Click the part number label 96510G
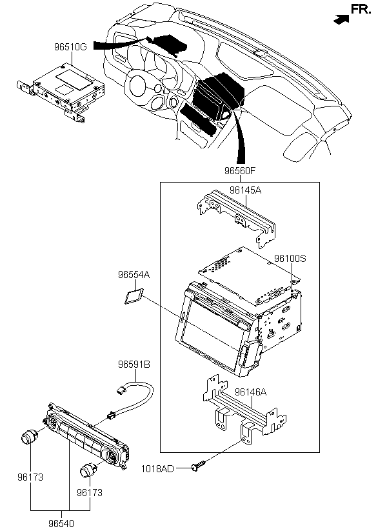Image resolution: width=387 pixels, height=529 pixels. tap(70, 47)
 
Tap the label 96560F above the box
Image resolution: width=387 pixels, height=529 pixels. tap(240, 171)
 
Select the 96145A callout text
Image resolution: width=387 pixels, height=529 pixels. tap(246, 190)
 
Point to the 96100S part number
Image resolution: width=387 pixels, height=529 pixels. tap(290, 259)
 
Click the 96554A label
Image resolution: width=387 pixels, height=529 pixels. tap(134, 275)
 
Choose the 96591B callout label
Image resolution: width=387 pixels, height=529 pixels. tap(134, 364)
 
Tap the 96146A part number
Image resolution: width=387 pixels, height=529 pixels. tap(251, 392)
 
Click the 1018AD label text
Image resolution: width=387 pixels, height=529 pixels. tap(157, 469)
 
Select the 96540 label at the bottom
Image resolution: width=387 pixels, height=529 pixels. tap(61, 523)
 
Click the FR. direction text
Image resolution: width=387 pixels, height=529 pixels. tap(361, 10)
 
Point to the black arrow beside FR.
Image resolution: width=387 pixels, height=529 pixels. tap(341, 19)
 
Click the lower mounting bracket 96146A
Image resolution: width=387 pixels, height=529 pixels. tap(245, 409)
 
